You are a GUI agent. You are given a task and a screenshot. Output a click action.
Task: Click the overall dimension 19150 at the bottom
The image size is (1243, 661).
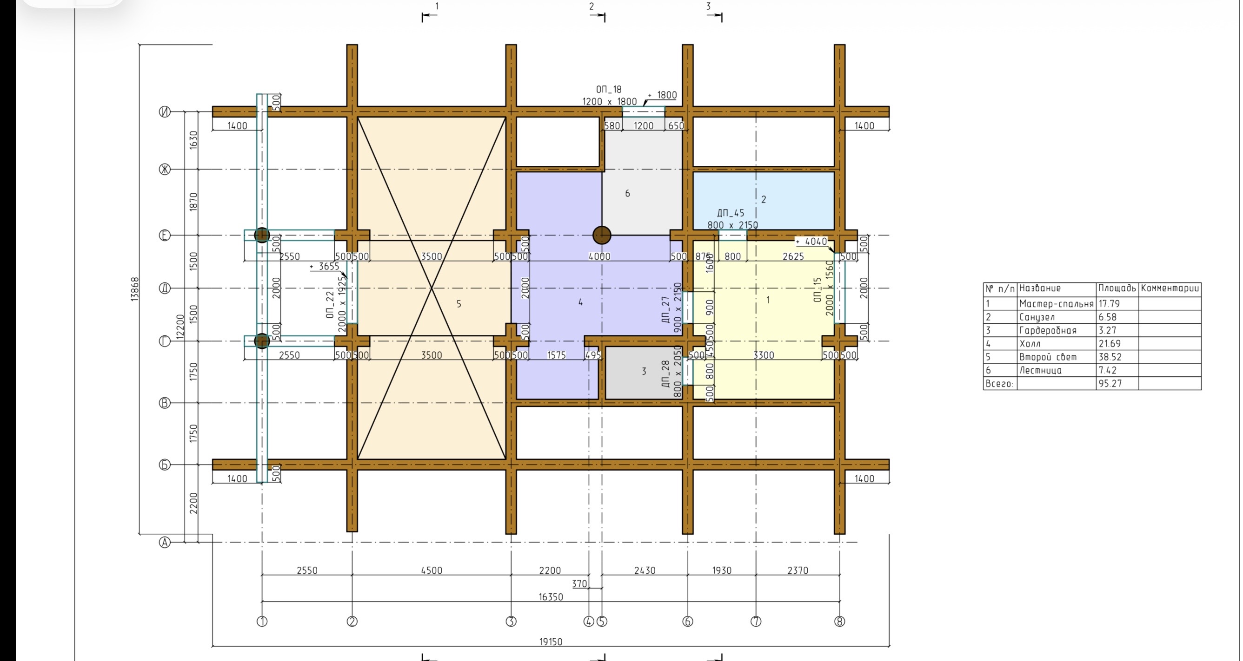click(551, 641)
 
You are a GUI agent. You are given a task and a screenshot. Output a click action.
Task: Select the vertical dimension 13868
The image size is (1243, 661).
click(135, 289)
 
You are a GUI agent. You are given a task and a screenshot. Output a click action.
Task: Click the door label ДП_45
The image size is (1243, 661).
click(731, 213)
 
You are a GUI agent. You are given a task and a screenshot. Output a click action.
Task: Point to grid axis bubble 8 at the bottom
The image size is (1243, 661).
click(840, 622)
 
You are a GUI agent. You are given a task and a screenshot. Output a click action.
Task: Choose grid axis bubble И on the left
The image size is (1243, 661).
click(165, 112)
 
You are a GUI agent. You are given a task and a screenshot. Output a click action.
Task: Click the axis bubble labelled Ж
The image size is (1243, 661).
click(165, 169)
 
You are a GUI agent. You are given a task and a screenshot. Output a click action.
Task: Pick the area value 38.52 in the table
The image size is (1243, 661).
click(1110, 357)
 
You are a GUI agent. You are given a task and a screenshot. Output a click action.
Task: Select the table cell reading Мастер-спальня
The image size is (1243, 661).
click(1056, 304)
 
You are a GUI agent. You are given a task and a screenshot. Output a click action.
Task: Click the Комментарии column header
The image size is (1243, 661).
click(1170, 288)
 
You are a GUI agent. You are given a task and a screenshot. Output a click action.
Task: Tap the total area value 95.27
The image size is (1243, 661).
click(1110, 384)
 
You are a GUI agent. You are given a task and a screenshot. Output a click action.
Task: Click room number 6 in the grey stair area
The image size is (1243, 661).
click(627, 193)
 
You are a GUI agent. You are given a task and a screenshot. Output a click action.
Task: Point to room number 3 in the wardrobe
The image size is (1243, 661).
click(644, 371)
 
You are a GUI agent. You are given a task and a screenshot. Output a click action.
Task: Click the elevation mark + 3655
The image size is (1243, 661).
click(324, 266)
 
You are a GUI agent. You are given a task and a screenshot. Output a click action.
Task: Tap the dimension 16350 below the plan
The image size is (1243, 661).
click(551, 597)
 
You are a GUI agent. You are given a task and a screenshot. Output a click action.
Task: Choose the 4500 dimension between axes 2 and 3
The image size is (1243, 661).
click(432, 570)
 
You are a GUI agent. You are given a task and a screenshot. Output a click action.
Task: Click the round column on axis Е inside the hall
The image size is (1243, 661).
click(602, 236)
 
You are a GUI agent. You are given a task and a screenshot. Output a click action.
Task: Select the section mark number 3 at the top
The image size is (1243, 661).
click(708, 6)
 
